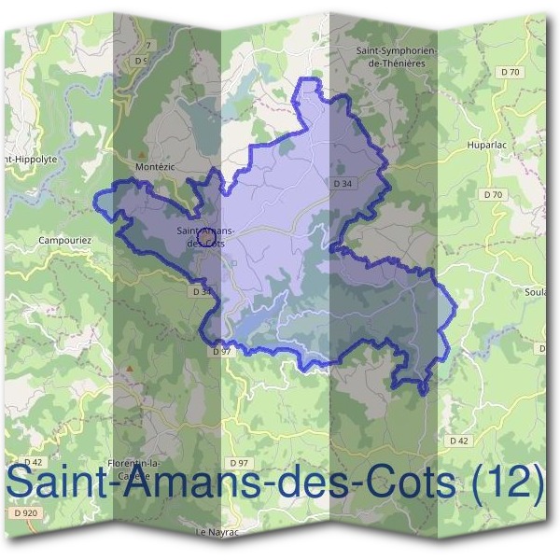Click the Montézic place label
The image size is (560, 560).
pos(155,166)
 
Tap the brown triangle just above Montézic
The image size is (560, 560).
pos(142,155)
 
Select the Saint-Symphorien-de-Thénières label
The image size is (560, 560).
pos(391,57)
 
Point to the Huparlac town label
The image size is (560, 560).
pos(485,146)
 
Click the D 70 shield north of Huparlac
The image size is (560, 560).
pos(509,72)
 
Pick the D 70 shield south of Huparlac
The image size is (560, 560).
pos(494,194)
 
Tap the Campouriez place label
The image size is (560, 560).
pos(65,240)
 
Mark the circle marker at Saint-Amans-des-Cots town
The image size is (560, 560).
pos(207,243)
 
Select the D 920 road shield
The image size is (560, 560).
pos(25,512)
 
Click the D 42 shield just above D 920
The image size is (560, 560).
pos(34,462)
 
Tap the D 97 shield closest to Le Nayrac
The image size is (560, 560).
pos(238,464)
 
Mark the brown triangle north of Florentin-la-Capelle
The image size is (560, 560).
pos(130,368)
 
